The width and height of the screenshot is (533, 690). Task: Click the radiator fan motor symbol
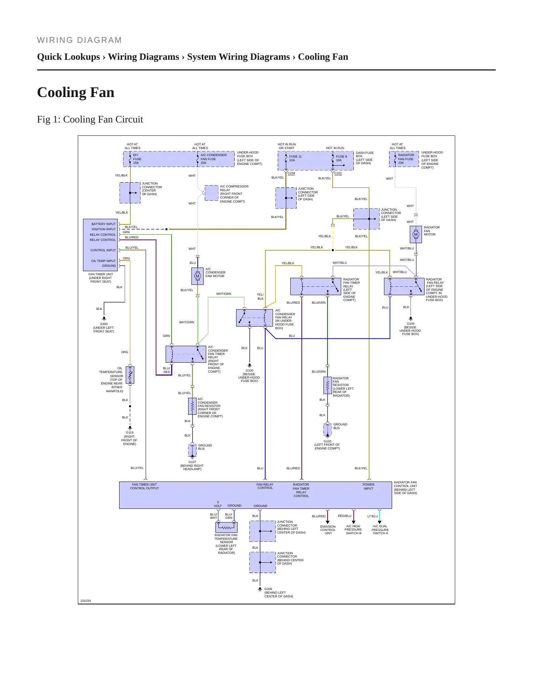[416, 234]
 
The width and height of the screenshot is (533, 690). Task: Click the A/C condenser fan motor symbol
[197, 276]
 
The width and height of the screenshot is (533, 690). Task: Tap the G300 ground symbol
[104, 318]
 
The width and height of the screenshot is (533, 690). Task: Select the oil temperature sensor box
[130, 375]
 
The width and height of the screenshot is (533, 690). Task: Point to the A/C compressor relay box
[211, 193]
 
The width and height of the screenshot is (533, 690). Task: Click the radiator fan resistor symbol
[328, 385]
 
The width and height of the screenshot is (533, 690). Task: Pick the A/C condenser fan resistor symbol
[192, 406]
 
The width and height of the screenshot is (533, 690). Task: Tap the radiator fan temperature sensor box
[226, 527]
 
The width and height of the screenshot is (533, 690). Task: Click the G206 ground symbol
[260, 589]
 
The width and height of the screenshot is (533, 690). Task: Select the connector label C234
[291, 173]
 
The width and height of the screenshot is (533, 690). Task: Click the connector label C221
[338, 173]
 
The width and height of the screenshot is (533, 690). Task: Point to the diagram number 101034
[86, 601]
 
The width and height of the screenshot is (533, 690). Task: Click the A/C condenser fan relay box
[255, 318]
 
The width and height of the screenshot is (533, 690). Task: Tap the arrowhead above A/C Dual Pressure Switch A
[380, 522]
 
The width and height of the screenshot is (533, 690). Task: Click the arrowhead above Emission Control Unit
[328, 522]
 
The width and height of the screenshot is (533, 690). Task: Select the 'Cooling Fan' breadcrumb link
[323, 57]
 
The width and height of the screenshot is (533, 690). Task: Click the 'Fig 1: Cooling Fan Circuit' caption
[90, 119]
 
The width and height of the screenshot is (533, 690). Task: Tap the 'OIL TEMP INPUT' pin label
[104, 261]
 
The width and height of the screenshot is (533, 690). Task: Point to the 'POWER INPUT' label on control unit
[368, 486]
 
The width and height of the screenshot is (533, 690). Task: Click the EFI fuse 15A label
[137, 159]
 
